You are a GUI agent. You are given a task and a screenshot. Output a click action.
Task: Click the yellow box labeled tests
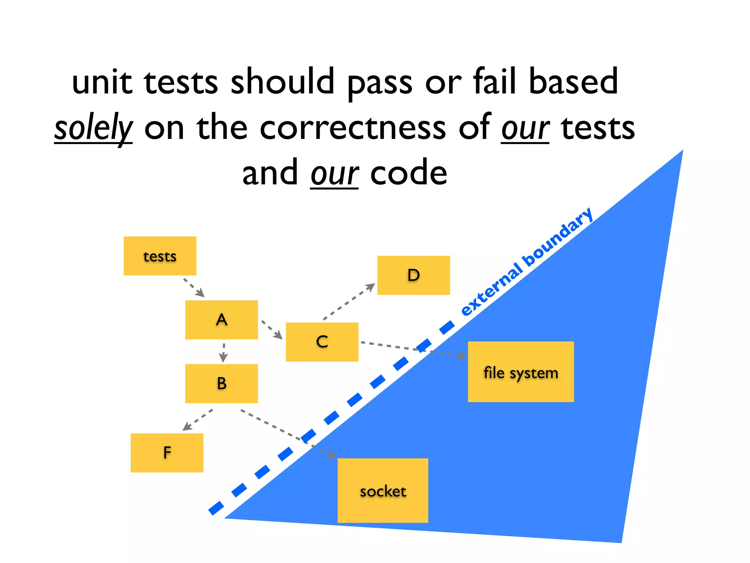(x=160, y=256)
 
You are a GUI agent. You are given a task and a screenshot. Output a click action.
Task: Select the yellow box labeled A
(x=222, y=320)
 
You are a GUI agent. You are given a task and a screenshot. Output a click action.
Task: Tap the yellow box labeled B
(x=222, y=383)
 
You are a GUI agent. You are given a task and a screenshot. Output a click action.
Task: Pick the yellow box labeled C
(x=322, y=342)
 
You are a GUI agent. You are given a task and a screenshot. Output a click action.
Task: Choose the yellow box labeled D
(x=413, y=275)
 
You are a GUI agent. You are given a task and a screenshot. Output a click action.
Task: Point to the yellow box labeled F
(x=167, y=453)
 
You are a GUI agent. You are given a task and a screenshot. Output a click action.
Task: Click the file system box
(x=521, y=372)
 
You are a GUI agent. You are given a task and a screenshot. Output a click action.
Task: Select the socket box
(x=383, y=490)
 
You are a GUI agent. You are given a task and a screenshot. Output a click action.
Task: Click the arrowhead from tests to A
(x=200, y=293)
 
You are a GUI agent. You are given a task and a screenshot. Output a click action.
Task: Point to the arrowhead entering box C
(x=278, y=335)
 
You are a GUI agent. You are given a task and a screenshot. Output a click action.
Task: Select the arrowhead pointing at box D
(x=371, y=287)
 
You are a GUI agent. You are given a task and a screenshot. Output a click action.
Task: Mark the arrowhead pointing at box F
(x=187, y=426)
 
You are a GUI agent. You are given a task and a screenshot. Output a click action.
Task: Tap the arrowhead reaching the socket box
(x=331, y=455)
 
